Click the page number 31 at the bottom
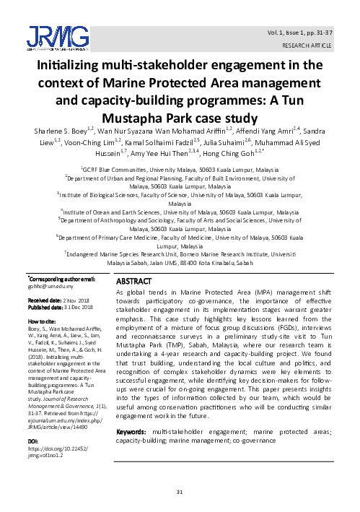tap(180, 491)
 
